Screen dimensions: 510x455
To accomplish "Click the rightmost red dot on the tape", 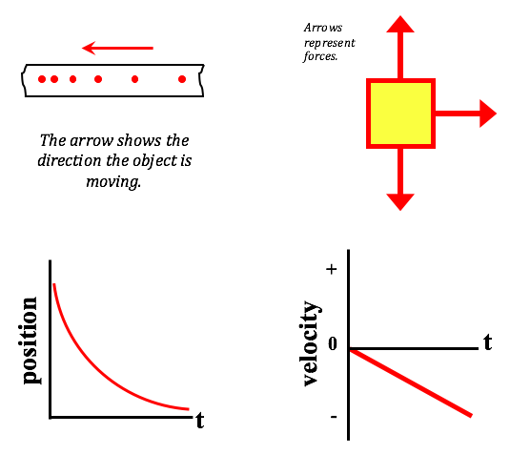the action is coord(182,79).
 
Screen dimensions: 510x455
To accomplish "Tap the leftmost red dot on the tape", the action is coord(42,79).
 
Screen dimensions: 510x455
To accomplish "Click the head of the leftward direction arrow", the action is coord(89,48).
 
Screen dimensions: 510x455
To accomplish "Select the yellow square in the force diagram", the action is coord(400,114).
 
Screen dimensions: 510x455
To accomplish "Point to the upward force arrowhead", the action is coord(400,25).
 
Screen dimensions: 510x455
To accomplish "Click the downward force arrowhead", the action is coord(400,202).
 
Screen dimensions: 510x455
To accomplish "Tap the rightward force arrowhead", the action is coord(488,114).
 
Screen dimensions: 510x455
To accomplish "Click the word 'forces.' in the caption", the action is coord(320,56).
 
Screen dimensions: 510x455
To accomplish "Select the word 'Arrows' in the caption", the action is coord(323,28).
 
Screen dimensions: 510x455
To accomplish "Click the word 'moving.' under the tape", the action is coord(113,181).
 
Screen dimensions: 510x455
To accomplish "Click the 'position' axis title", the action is coord(30,341).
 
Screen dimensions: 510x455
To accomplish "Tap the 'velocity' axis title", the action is coord(310,343).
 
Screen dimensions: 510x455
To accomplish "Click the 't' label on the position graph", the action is coord(199,420).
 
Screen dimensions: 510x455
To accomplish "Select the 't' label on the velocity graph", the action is coord(487,342).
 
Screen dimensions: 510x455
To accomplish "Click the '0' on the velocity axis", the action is coord(333,343).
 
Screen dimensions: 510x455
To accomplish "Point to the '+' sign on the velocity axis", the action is coord(332,269).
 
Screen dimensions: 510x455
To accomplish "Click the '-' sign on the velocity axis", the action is coord(334,417).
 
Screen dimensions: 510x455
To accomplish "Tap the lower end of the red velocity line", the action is coord(471,416).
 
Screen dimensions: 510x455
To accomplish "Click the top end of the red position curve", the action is coord(54,285).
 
